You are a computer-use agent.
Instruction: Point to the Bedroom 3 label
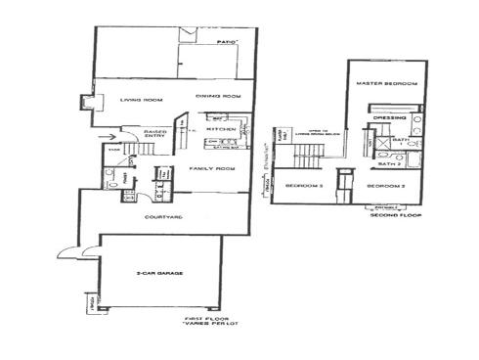coord(305,185)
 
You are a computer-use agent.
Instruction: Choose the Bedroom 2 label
coord(384,185)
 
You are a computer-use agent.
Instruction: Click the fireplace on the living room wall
coord(88,101)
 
